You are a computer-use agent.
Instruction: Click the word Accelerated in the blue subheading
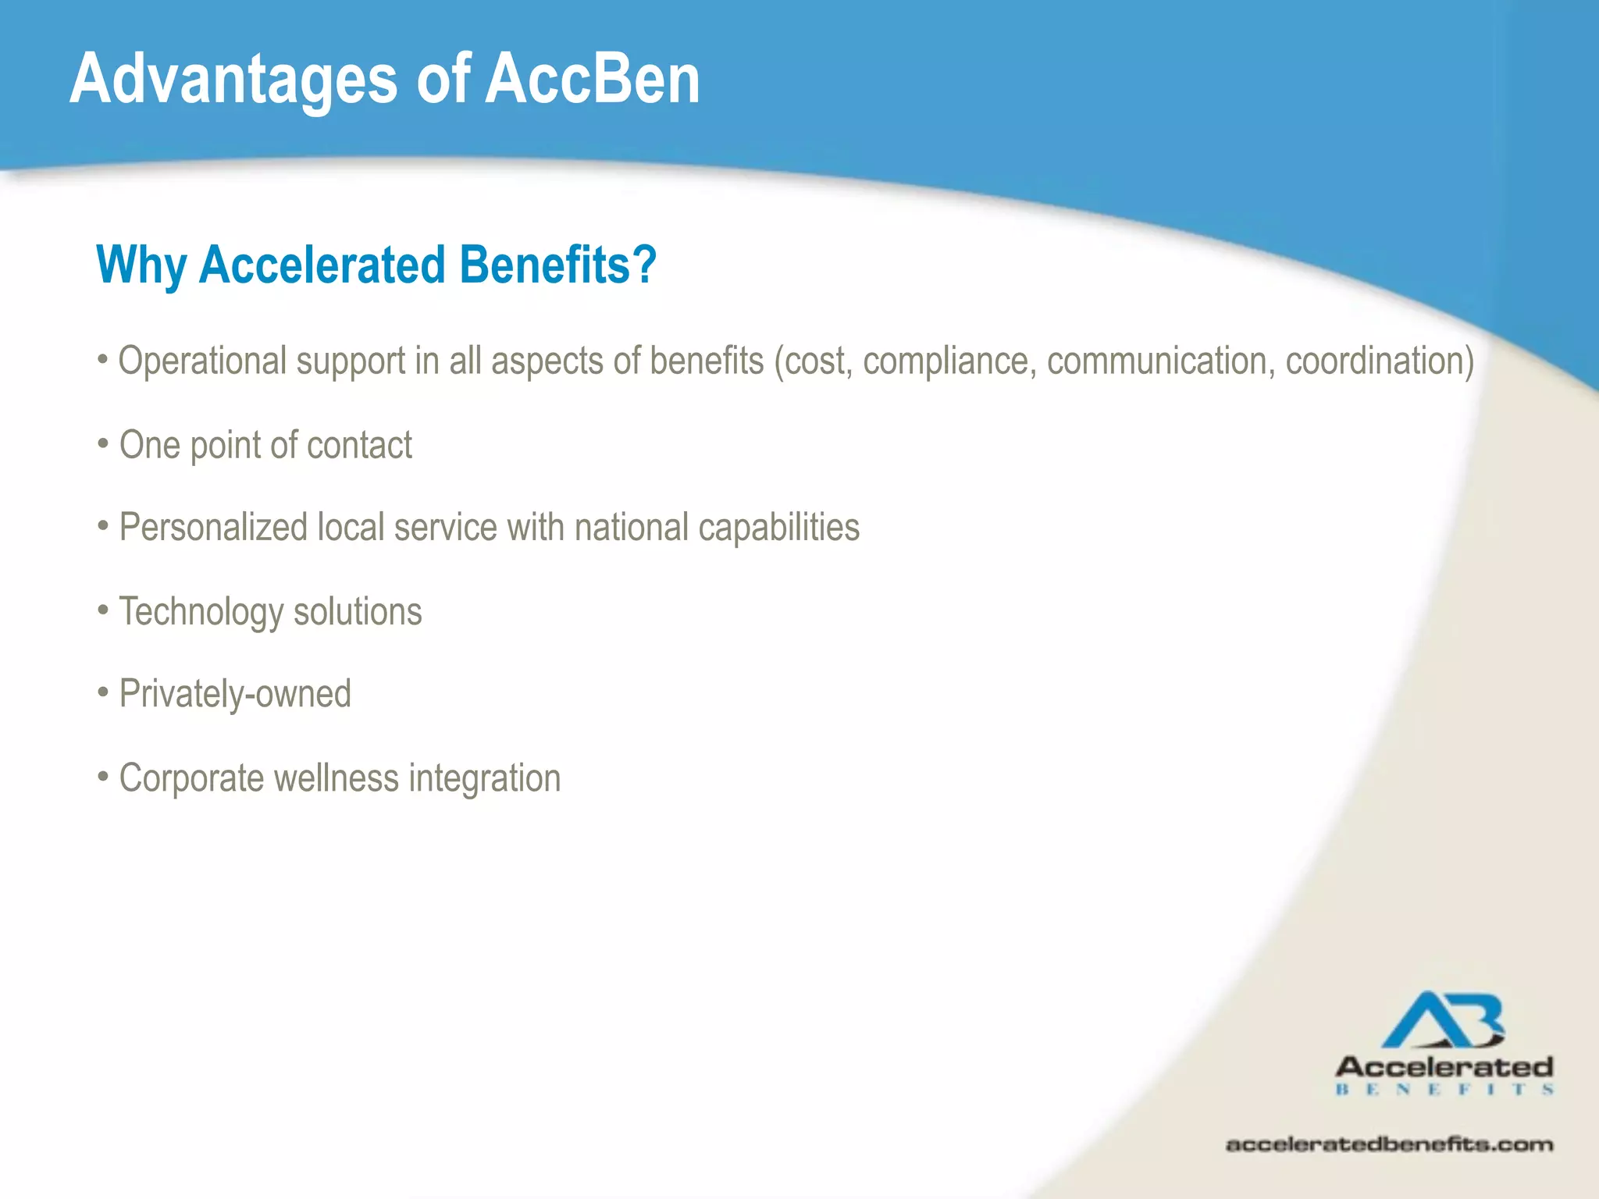coord(322,265)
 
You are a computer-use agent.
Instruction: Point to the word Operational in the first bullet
coord(202,361)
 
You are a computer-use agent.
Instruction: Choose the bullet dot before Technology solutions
coord(103,610)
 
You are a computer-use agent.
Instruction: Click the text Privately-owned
coord(235,694)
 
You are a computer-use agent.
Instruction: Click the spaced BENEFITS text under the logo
coord(1444,1090)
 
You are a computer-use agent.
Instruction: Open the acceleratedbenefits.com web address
coord(1389,1145)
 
